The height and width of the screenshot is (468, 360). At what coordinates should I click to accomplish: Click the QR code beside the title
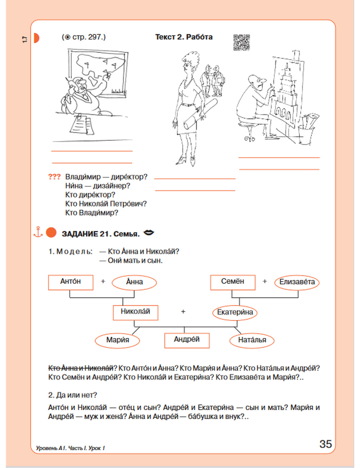point(242,42)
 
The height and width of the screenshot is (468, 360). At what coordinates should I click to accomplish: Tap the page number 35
point(325,444)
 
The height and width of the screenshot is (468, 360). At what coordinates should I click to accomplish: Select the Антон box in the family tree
point(71,282)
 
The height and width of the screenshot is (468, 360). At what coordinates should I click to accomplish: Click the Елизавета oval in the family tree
point(297,282)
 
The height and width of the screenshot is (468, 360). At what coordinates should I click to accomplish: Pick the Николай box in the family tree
point(135,312)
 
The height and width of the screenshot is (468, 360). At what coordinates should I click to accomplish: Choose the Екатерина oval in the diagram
point(235,312)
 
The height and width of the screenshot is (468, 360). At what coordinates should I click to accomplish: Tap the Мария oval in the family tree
point(117,341)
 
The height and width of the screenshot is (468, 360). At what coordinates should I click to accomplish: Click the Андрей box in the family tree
point(187,340)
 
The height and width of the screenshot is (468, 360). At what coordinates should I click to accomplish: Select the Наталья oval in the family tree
point(252,341)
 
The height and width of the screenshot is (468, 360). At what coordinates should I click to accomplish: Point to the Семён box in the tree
point(233,282)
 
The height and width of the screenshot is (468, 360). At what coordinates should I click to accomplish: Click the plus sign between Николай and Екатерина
point(183,312)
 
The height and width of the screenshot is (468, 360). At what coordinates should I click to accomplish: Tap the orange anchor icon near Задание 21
point(38,232)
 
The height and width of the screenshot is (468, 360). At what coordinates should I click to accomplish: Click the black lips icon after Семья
point(149,233)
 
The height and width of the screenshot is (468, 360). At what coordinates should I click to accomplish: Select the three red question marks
point(54,177)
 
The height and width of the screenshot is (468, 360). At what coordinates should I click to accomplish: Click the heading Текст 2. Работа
point(184,37)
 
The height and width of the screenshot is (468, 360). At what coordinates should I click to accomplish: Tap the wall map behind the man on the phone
point(98,73)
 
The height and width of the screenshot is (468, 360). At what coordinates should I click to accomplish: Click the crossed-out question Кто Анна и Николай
point(81,368)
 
